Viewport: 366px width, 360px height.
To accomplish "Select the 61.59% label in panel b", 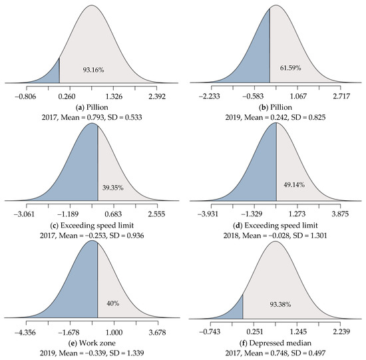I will coord(289,69).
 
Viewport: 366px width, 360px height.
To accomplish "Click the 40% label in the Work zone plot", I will coord(113,303).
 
